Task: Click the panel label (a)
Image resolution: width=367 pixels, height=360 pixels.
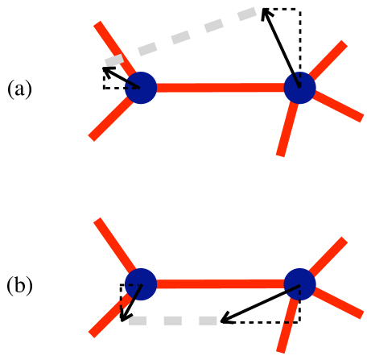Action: [19, 89]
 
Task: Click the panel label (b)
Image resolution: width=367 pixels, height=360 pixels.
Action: [19, 285]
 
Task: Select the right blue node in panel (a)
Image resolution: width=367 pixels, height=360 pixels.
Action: [299, 87]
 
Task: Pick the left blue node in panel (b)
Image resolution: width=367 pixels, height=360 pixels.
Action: [142, 283]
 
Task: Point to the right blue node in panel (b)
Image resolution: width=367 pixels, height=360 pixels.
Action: [299, 283]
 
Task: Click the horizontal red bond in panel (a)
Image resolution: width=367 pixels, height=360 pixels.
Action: [221, 87]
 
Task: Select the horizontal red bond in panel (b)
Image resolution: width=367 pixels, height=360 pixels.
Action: [221, 283]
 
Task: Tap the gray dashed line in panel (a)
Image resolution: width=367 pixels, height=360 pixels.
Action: [193, 36]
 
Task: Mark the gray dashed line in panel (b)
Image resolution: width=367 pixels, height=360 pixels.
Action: [173, 321]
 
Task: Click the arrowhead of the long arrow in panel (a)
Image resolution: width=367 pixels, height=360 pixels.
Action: [266, 14]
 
